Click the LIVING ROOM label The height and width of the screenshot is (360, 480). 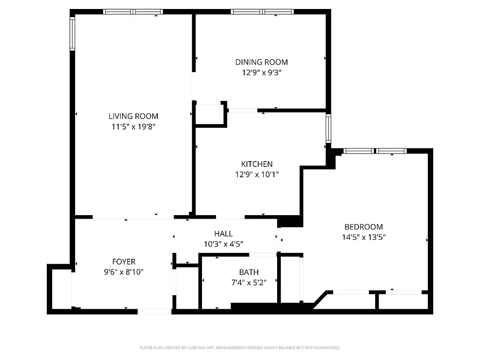(133, 116)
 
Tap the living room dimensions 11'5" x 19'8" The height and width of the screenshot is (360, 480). (133, 126)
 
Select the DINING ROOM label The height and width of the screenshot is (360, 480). (261, 62)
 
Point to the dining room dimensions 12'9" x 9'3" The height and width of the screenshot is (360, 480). (261, 72)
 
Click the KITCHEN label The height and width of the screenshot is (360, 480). (256, 164)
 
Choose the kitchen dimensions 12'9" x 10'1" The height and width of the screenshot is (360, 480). (256, 174)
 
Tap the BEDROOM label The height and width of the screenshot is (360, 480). (363, 227)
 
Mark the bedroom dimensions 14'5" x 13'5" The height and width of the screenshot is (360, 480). (363, 237)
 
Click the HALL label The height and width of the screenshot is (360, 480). (223, 234)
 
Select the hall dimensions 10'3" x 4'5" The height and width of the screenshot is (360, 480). (223, 243)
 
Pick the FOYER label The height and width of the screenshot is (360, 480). (123, 261)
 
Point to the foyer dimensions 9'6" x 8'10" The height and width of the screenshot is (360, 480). (123, 271)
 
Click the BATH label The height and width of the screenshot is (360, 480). (248, 272)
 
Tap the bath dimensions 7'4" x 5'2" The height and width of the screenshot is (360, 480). (248, 282)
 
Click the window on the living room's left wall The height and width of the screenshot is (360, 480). (72, 33)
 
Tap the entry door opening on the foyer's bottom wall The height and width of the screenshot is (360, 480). (154, 311)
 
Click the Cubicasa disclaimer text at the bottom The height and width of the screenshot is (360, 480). (240, 348)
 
